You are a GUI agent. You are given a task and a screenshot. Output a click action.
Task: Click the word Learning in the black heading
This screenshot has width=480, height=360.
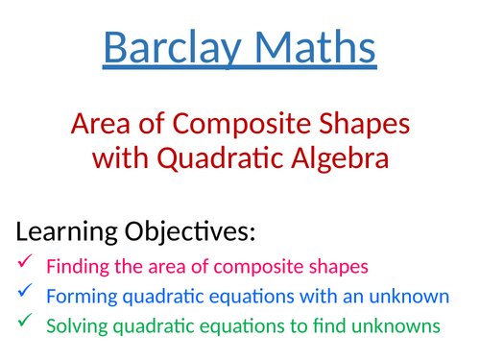[66, 232]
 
